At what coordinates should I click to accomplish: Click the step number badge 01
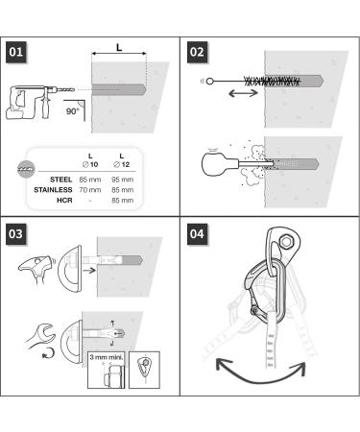tap(16, 52)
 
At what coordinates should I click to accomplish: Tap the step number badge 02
tap(197, 52)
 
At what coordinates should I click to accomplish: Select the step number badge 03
tap(16, 234)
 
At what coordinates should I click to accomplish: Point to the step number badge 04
tap(197, 234)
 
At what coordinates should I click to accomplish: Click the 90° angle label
tap(72, 111)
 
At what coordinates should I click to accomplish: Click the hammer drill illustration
tap(39, 102)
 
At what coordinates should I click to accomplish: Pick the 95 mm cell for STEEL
tap(122, 180)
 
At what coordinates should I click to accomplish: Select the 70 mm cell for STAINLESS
tap(90, 190)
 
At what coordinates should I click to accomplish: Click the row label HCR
tap(64, 201)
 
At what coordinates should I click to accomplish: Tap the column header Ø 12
tap(122, 164)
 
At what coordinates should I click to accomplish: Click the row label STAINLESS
tap(53, 190)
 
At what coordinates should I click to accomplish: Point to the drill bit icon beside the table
tap(26, 168)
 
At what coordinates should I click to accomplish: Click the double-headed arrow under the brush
tap(243, 93)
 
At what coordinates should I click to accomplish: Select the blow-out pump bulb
tap(212, 164)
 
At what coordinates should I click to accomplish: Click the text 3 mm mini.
tap(107, 357)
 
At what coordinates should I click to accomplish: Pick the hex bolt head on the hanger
tap(286, 241)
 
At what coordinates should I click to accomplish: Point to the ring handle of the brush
tap(209, 82)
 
